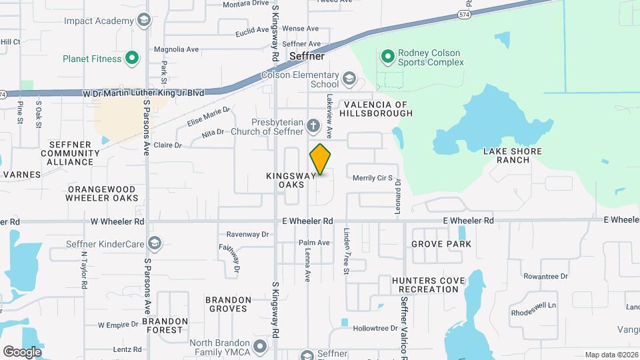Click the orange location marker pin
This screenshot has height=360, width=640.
point(320,159)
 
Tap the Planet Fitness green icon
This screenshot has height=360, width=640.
point(132,59)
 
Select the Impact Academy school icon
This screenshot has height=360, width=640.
point(143,21)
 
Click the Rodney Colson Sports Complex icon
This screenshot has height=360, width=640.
point(387,57)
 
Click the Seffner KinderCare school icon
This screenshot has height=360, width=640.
point(155,243)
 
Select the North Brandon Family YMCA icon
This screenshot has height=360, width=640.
point(259,346)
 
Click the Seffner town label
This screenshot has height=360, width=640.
point(307,57)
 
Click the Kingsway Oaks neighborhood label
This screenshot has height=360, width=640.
point(285,179)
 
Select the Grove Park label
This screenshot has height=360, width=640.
point(441,244)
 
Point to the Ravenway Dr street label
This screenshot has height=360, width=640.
point(247,235)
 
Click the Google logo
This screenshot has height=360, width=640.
point(22,351)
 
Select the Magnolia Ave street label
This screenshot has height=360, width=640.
point(177,49)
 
